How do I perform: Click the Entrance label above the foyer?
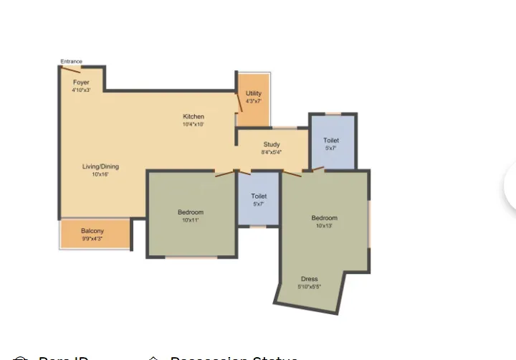pos(71,62)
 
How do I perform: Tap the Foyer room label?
pos(81,82)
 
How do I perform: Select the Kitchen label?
pos(193,116)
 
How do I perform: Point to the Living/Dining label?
pos(100,166)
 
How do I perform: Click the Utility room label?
pos(254,93)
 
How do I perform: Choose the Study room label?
pos(272,144)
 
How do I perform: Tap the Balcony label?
pos(92,230)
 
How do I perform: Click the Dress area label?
pos(310,279)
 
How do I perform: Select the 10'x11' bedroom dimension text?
pos(191,220)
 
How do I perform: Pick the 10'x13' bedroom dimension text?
pos(324,226)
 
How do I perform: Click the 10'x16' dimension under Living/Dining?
pos(100,174)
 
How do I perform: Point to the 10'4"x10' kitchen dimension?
pos(193,124)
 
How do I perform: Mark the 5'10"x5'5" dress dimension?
pos(310,287)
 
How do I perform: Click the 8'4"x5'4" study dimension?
pos(272,152)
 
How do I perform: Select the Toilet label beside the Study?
pos(331,141)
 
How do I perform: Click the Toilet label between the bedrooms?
pos(259,196)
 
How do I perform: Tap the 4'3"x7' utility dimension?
pos(254,101)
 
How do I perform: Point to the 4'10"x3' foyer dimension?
pos(81,90)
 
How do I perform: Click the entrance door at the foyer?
pos(70,69)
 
